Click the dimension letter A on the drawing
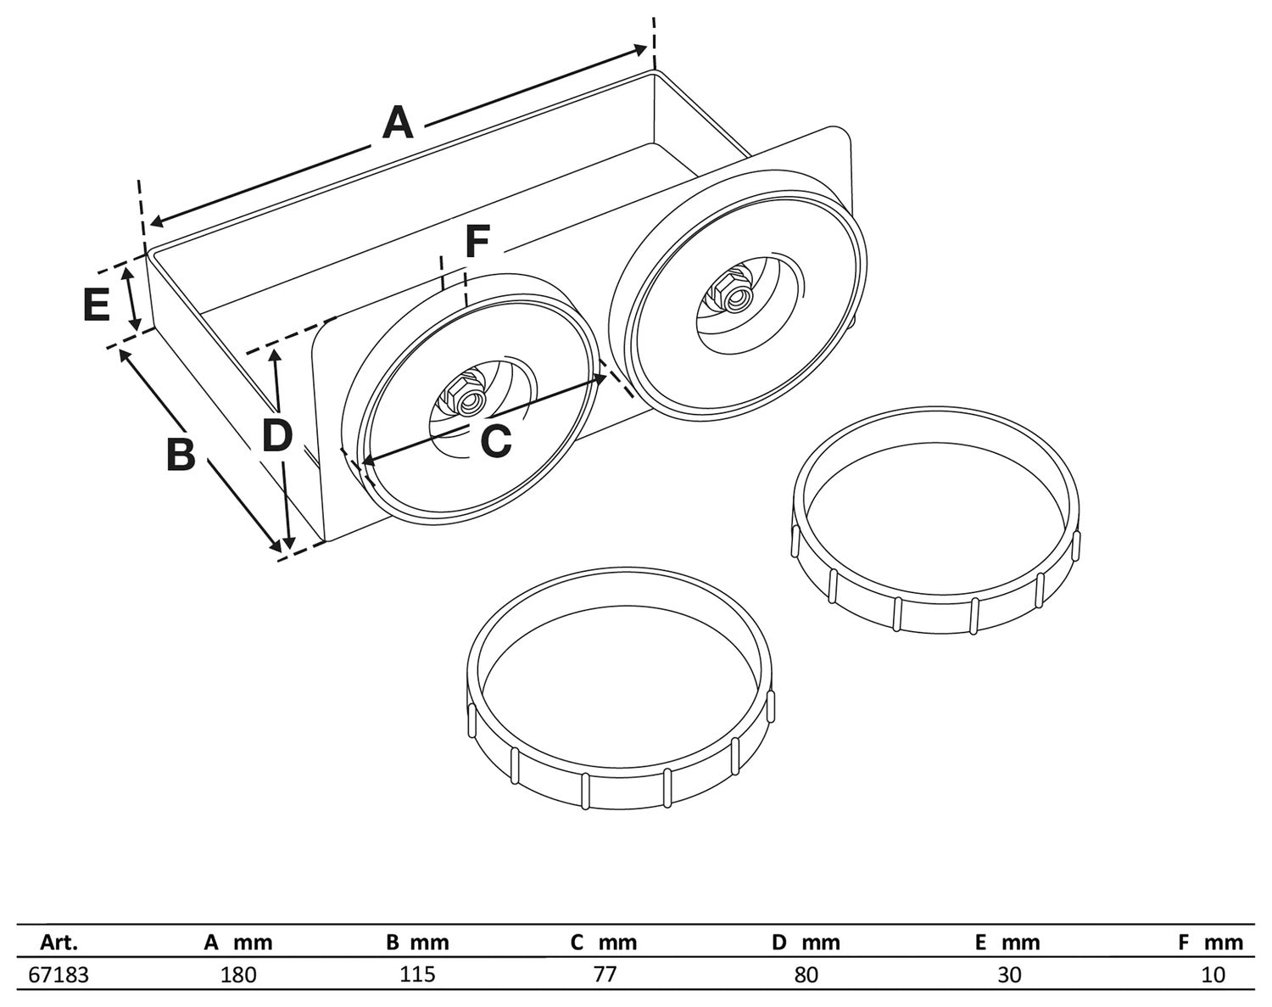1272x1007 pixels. pos(397,122)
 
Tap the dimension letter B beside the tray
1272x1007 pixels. pos(180,454)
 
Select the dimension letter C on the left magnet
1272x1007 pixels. pos(495,441)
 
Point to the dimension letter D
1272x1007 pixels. pos(276,435)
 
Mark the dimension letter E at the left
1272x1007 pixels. pos(97,305)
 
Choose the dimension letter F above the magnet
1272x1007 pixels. pos(477,243)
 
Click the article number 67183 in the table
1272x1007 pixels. pos(59,975)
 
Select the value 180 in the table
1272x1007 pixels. pos(238,975)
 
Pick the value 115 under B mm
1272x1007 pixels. pos(417,975)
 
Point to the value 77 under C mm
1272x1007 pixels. pos(604,975)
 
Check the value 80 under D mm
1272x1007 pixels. pos(806,975)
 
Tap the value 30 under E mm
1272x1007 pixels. pos(1009,975)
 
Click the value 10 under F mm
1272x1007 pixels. pos(1213,975)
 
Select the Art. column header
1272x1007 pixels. pos(59,943)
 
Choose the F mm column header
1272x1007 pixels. pos(1210,943)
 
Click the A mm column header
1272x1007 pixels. pos(238,943)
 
